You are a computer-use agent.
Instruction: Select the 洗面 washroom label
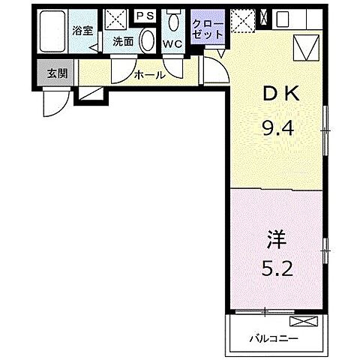click(123, 42)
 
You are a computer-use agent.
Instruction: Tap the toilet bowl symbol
click(173, 20)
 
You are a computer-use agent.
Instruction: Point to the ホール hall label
click(149, 74)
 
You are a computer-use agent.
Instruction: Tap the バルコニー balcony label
click(268, 338)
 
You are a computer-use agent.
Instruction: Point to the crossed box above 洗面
click(116, 20)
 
